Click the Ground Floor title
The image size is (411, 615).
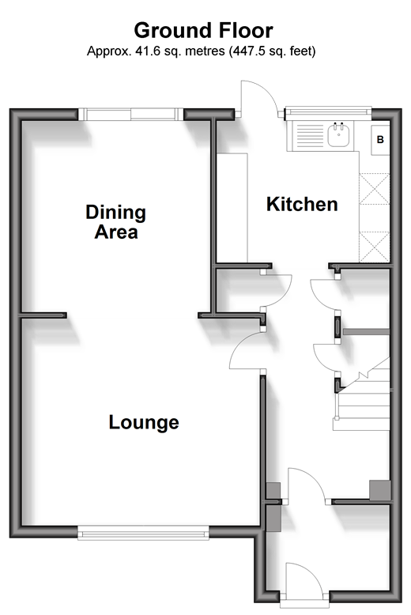coord(204,31)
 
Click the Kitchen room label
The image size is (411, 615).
coord(302,205)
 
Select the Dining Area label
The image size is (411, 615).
coord(115,221)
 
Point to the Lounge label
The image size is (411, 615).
coord(144,422)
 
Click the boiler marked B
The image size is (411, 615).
coord(380,140)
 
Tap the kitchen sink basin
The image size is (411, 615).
coord(338,134)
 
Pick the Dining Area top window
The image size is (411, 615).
coord(131,114)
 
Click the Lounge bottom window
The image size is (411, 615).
coord(143,533)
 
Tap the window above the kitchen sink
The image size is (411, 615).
coord(328,113)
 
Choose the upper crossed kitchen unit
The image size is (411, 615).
coord(374,189)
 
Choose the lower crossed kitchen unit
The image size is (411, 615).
coord(374,247)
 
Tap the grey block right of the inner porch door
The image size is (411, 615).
coord(380,490)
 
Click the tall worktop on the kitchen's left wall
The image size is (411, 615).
coord(232,208)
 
